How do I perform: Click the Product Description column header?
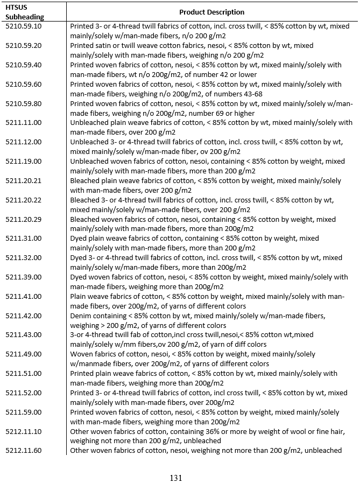pyautogui.click(x=211, y=12)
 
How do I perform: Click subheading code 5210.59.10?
pyautogui.click(x=23, y=26)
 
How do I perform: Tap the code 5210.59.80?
pyautogui.click(x=23, y=103)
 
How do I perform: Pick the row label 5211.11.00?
pyautogui.click(x=23, y=123)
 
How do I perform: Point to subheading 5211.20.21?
pyautogui.click(x=23, y=180)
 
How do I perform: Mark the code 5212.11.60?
pyautogui.click(x=23, y=451)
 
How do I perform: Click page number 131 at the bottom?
pyautogui.click(x=177, y=478)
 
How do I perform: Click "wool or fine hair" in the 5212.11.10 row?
pyautogui.click(x=307, y=431)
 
